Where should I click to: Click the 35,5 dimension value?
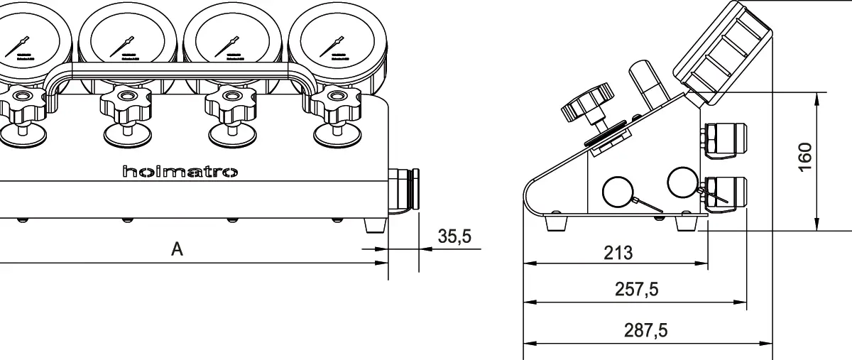[454, 236]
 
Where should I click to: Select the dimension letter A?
[177, 249]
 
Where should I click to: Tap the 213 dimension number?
[618, 252]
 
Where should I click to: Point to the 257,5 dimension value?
[636, 290]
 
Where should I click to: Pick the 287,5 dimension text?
[645, 330]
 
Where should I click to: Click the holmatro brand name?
[180, 172]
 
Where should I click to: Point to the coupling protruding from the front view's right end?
[404, 191]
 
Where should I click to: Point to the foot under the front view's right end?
[374, 225]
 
